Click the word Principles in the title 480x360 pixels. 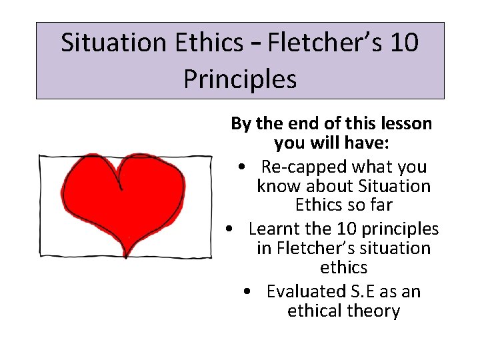point(240,79)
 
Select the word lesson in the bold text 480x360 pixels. point(405,124)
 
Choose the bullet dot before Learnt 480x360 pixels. point(229,229)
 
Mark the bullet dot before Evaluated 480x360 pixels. point(247,292)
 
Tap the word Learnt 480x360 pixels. point(274,229)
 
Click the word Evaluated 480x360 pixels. point(303,291)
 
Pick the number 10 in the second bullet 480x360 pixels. point(347,229)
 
